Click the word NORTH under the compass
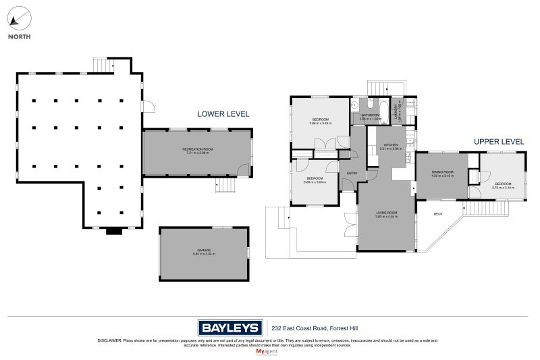pos(19,37)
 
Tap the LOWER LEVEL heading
pos(223,114)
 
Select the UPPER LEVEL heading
pos(499,141)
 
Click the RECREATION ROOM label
pos(197,149)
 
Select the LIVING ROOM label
pos(387,214)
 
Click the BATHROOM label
pos(371,115)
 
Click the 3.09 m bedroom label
pos(315,180)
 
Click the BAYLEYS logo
pos(230,328)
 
